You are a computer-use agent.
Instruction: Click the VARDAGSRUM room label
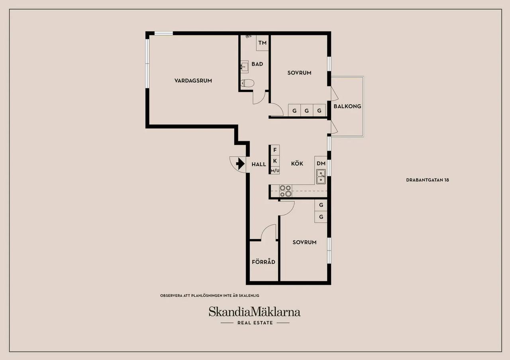pos(193,80)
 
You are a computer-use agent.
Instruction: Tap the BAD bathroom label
pos(257,64)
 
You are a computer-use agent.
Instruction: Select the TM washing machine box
pos(262,43)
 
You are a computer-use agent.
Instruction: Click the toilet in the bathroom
pos(247,83)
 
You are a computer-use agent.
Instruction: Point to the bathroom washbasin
pos(245,67)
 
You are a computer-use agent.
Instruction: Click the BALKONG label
pos(347,106)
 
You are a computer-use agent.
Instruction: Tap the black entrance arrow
pos(240,164)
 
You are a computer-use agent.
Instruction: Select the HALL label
pos(259,164)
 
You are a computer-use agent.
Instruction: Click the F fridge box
pos(275,150)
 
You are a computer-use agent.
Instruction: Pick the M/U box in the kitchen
pos(275,170)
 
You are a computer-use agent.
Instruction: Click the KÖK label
pos(297,163)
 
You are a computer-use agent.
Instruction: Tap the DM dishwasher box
pos(321,163)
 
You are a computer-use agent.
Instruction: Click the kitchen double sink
pos(321,176)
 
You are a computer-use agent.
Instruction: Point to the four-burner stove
pos(286,191)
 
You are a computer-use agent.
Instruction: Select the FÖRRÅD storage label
pos(263,262)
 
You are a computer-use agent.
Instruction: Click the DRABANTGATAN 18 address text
pos(428,180)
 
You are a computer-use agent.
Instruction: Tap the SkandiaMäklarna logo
pos(255,312)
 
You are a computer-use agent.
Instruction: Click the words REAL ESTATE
pos(255,323)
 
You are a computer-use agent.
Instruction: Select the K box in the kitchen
pos(275,161)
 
